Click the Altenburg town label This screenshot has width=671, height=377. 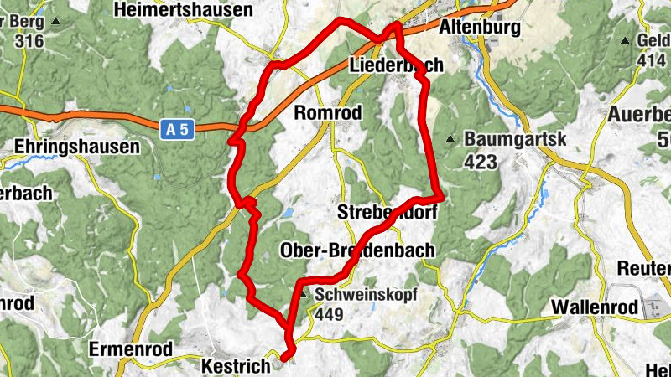point(480,28)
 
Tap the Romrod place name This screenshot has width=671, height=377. point(329,112)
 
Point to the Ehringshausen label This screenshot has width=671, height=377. point(77,147)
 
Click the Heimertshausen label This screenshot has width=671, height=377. point(186,10)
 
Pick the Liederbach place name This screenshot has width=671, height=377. point(395,65)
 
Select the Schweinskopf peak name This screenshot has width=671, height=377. point(367,294)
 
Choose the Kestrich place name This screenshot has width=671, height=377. point(237,366)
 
